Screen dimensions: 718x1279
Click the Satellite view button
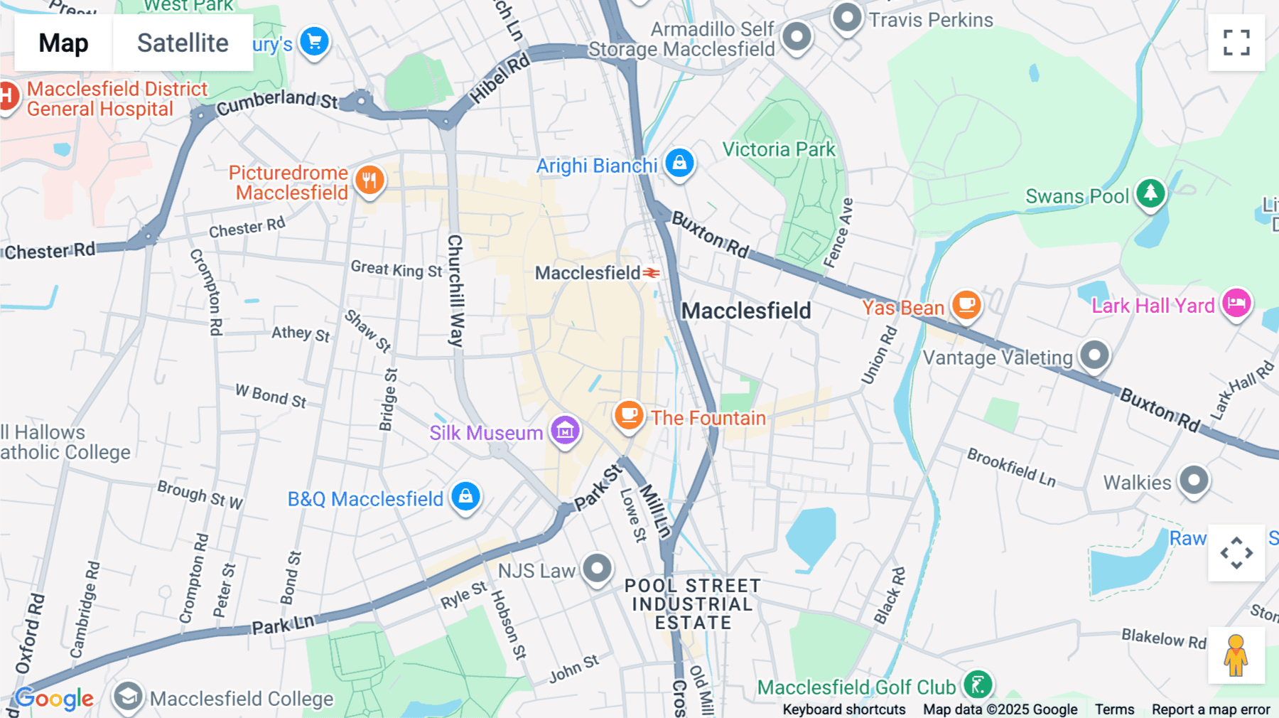point(183,43)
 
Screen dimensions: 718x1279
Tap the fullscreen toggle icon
point(1236,43)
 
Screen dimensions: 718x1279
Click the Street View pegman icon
point(1236,655)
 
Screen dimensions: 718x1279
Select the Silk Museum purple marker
point(566,430)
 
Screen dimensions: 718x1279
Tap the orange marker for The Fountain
point(629,414)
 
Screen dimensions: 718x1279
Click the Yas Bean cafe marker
point(966,305)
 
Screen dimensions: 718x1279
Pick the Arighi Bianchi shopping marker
point(679,163)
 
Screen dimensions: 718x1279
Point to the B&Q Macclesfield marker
point(466,496)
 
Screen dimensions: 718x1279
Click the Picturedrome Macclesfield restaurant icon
point(369,180)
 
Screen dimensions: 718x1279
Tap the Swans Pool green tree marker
point(1150,193)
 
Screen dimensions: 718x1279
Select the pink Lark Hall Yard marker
point(1236,304)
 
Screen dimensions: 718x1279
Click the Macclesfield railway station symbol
point(652,273)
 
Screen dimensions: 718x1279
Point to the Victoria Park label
point(779,149)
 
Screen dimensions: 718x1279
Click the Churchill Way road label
point(455,291)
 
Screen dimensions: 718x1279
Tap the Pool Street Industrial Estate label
point(692,604)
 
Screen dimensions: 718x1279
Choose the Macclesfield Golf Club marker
point(978,685)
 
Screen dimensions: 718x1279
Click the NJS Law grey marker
point(597,569)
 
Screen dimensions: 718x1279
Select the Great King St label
point(396,269)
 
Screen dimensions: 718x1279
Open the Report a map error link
point(1210,709)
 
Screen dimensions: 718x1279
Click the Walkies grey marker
point(1194,481)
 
